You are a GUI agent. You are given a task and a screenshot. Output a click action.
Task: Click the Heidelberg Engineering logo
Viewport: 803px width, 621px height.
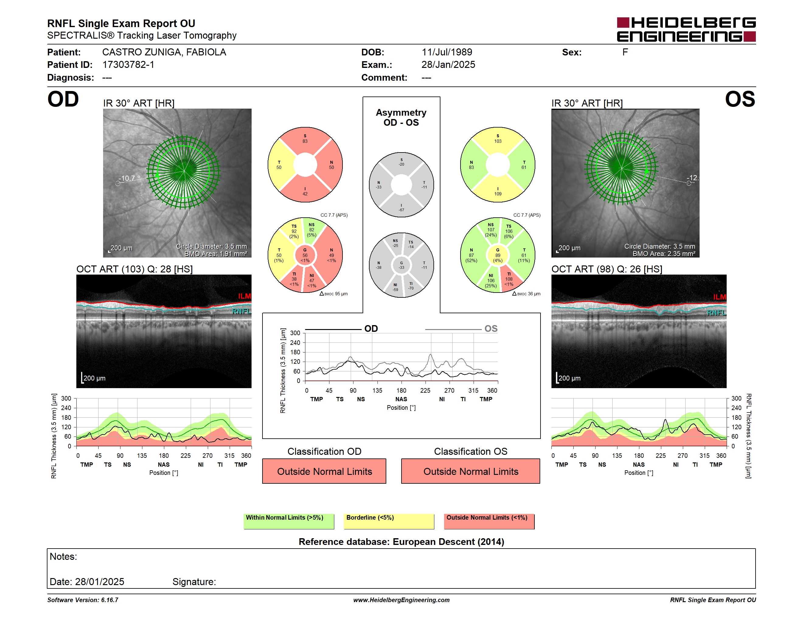[686, 30]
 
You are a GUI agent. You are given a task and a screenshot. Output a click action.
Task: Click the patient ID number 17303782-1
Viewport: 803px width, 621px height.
[128, 65]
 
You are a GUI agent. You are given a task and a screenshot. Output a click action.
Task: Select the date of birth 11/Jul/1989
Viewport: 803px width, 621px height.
[447, 52]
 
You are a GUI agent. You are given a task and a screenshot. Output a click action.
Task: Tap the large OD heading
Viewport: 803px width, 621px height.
[63, 99]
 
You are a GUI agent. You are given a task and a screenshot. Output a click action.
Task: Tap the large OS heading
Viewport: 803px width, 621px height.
[740, 99]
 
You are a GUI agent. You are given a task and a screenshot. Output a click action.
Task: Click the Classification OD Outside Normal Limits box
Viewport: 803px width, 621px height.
[324, 471]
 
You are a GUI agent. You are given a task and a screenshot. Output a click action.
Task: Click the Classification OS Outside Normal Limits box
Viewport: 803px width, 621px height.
[471, 471]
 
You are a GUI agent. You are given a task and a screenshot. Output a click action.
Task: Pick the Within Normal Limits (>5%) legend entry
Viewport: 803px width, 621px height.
[289, 521]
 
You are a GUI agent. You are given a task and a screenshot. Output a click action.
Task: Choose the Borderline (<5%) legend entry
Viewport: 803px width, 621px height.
[389, 521]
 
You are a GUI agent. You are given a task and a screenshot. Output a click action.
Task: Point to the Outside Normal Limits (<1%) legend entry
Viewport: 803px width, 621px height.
[489, 521]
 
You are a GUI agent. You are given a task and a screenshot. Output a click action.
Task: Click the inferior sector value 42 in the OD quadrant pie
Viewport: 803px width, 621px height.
[305, 194]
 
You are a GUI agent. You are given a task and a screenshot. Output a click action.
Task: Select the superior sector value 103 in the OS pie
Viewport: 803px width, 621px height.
[498, 141]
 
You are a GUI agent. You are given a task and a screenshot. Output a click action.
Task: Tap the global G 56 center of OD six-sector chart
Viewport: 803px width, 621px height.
[305, 255]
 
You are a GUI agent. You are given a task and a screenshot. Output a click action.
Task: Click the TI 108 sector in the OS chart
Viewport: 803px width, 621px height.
[509, 279]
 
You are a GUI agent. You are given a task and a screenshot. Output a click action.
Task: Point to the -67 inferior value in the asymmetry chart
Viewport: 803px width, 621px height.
[401, 210]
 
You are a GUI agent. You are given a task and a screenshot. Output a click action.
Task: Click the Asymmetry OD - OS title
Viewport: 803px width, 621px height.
[401, 118]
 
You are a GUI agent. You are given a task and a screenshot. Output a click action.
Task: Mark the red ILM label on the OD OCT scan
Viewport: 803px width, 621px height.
[245, 296]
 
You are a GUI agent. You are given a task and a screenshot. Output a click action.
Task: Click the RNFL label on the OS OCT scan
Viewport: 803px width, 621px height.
[717, 313]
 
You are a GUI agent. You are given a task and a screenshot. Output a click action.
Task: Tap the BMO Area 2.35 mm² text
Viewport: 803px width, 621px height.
[664, 254]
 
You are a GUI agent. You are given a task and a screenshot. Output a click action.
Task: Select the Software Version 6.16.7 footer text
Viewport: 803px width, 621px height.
[83, 600]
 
